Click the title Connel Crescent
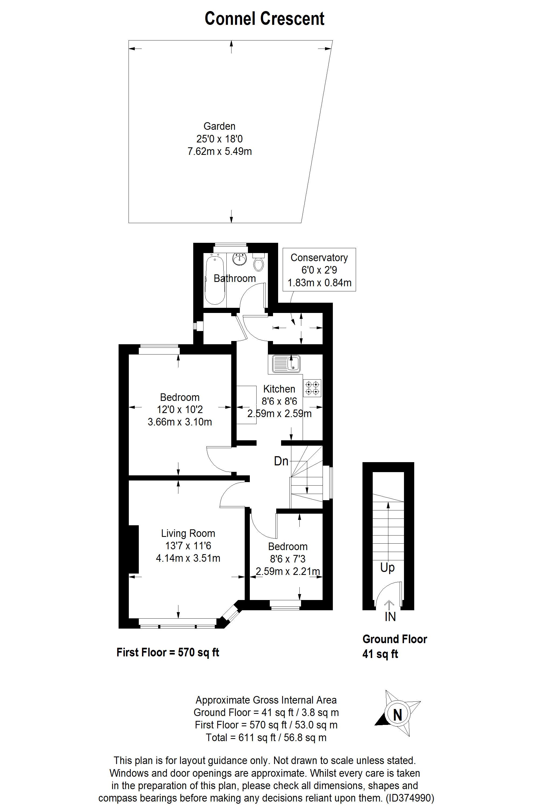(264, 19)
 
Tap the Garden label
(219, 126)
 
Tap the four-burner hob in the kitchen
(312, 388)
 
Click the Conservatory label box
(319, 270)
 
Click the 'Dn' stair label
(281, 461)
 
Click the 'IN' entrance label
(390, 617)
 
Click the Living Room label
(188, 533)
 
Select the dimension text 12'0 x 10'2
(180, 410)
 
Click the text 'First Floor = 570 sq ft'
(168, 652)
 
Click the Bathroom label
(235, 278)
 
